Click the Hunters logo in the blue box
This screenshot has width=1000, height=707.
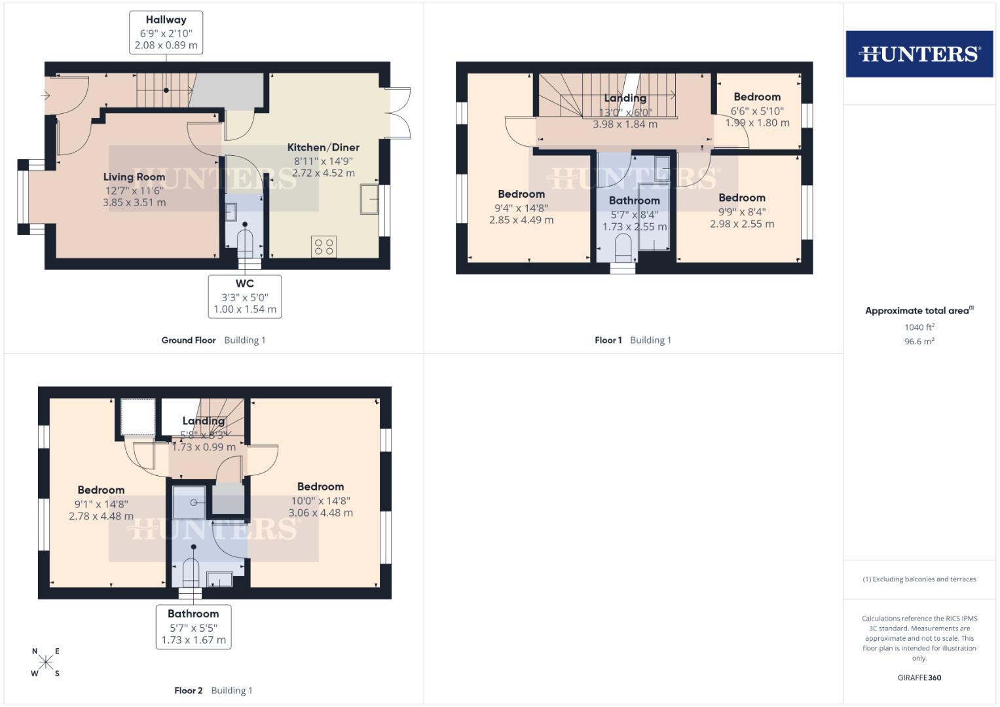[919, 54]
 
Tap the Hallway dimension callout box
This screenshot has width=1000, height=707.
[166, 33]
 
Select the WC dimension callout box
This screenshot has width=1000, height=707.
[245, 297]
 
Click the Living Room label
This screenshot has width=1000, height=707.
[134, 177]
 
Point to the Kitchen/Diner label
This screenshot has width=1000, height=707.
[324, 147]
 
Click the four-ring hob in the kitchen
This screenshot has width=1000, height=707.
[324, 247]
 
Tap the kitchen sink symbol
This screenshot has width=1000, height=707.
[369, 199]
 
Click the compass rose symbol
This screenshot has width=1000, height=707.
[46, 662]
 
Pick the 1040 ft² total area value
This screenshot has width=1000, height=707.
[919, 327]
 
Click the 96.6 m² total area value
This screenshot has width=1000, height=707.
[919, 341]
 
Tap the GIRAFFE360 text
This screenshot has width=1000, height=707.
[919, 678]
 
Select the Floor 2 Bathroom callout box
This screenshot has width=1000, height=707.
[193, 626]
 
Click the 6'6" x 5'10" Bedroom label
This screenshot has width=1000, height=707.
[757, 97]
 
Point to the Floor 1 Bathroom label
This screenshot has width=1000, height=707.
[634, 201]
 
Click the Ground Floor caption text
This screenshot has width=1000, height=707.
[189, 340]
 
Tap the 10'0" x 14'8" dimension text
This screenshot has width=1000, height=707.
[321, 501]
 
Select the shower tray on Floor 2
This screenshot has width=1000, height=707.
[189, 503]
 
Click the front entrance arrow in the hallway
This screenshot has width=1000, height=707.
[45, 96]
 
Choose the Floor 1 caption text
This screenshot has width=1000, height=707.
[608, 340]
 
